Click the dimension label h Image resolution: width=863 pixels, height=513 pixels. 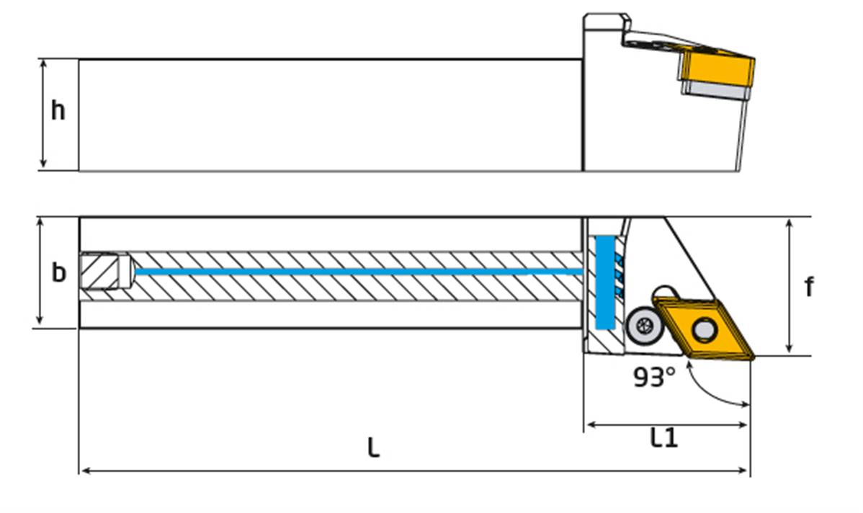58,112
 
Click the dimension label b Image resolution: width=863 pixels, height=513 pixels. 58,273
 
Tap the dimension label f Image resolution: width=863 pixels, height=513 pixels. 809,287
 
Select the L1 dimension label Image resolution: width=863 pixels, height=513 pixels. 663,437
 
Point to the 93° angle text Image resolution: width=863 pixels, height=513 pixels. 654,377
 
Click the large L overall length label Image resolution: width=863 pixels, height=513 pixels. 372,448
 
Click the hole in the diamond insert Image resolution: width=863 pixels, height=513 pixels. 702,331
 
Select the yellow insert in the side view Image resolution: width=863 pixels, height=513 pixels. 717,66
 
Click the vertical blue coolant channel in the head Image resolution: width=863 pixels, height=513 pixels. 603,281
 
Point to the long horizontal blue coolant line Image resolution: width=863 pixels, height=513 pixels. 360,272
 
